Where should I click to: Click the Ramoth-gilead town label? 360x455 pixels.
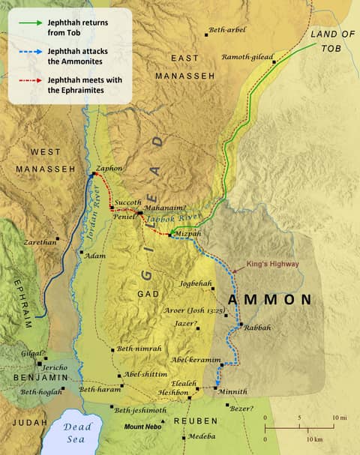247,57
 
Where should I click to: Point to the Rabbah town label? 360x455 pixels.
257,328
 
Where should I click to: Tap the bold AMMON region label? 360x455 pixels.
269,300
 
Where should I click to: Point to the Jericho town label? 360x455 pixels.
53,367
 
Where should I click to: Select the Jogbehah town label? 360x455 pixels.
197,284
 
